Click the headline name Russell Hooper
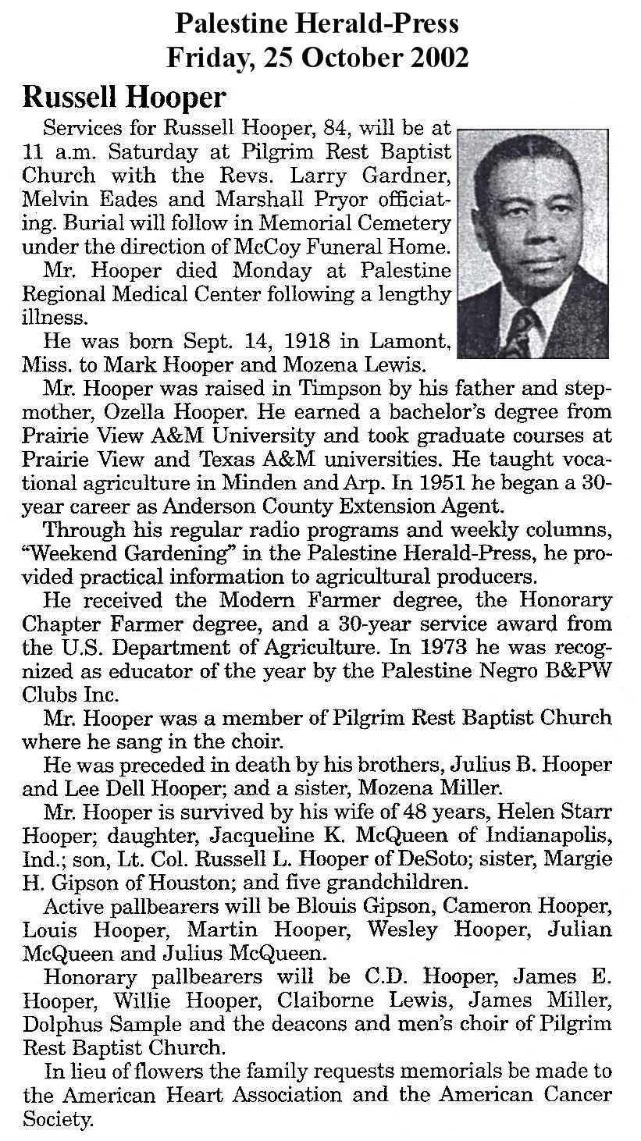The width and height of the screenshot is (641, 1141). click(125, 98)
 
